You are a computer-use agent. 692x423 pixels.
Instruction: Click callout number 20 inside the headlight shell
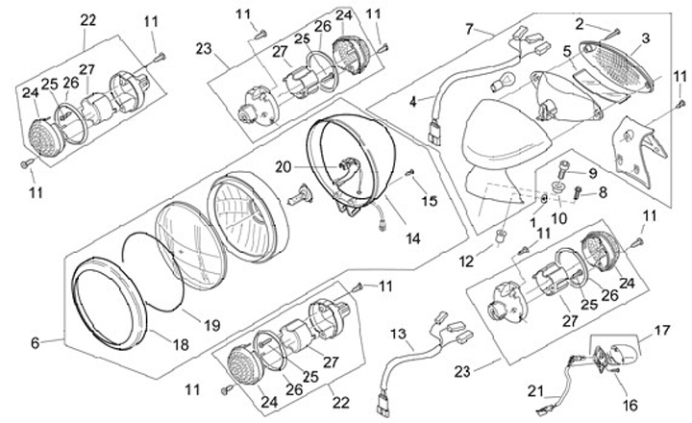tap(281, 166)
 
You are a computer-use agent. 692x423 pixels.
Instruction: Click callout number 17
tap(661, 329)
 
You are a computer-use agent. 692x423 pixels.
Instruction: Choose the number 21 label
tap(536, 391)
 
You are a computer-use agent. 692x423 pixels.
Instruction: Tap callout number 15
tap(430, 201)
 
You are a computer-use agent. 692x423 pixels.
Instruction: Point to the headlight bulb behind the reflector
tap(300, 200)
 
